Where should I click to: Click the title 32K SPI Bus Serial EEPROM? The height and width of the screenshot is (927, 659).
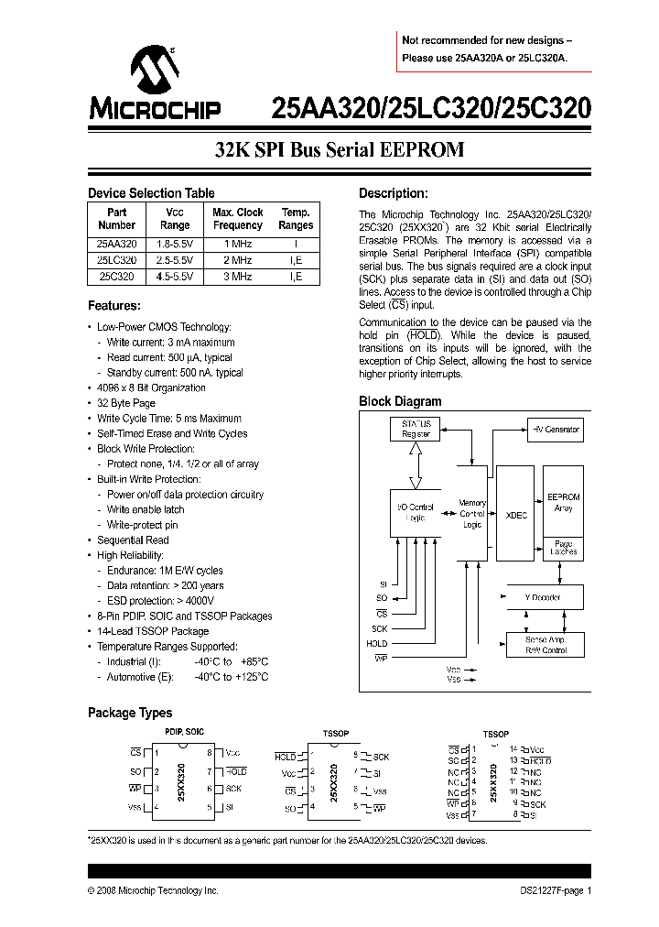point(340,149)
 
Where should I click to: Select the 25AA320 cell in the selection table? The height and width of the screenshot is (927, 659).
point(116,245)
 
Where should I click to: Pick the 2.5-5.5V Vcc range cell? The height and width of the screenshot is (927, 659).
point(175,260)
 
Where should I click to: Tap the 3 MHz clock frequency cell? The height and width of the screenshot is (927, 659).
point(237,276)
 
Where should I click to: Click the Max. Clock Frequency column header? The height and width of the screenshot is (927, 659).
point(237,218)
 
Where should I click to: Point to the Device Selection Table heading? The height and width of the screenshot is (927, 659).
point(151,192)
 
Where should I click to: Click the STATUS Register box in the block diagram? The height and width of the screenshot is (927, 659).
point(416,429)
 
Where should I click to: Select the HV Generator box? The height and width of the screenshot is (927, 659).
point(556,429)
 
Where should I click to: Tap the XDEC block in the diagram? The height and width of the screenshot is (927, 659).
point(517,516)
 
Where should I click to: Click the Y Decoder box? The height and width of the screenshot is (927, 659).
point(543,597)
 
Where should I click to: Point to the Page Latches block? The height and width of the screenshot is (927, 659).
point(563,548)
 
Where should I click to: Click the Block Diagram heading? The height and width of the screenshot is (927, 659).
point(400,401)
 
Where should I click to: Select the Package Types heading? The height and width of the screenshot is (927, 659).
point(129,712)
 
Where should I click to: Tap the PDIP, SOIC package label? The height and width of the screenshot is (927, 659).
point(184,731)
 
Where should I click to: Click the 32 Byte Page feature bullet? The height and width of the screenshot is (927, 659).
point(126,403)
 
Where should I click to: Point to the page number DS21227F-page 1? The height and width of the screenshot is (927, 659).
point(550,890)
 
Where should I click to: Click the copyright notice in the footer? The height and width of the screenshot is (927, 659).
point(153,890)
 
